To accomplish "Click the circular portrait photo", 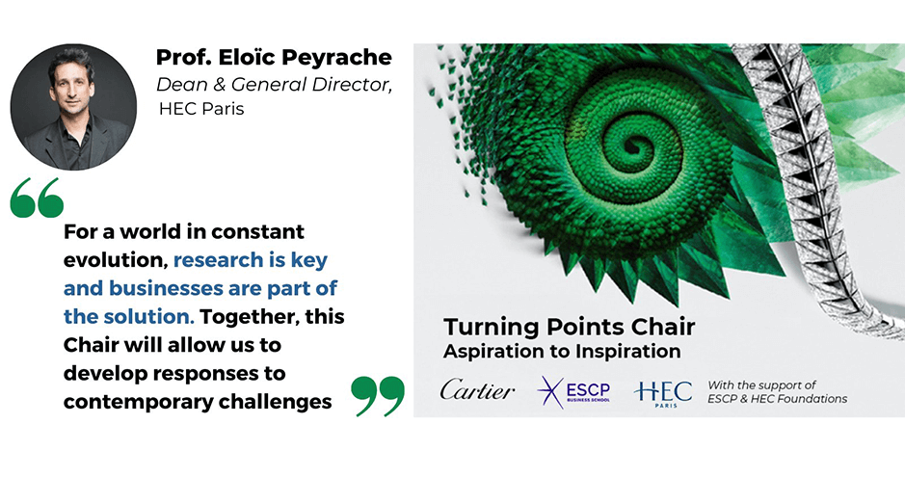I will [74, 107].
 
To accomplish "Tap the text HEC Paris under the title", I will [200, 109].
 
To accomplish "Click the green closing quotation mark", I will [377, 395].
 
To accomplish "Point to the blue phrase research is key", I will [256, 260].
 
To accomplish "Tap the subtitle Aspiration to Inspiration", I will [562, 351].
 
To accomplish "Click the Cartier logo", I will [477, 390].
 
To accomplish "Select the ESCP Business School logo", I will [574, 392].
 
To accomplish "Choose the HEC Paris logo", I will [663, 392].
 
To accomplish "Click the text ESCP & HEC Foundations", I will [778, 399].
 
